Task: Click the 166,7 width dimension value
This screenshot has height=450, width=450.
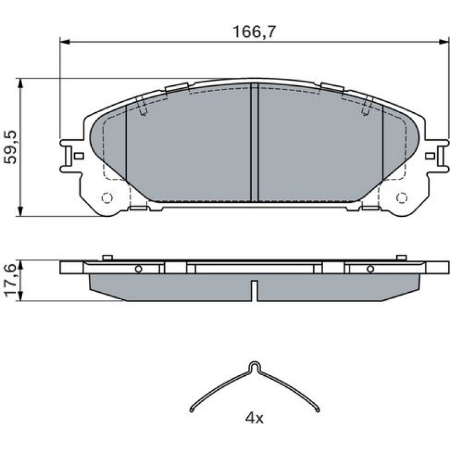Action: pos(254,32)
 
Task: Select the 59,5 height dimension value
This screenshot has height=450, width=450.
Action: pos(11,147)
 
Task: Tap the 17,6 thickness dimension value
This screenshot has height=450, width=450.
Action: pos(11,281)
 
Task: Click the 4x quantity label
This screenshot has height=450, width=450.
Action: pos(254,418)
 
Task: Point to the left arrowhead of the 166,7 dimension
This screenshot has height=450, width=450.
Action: pos(64,42)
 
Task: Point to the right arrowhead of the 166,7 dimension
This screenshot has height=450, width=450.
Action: pos(444,42)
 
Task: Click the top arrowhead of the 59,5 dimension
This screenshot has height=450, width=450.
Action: pos(20,83)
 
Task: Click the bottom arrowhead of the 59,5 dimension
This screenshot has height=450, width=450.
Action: pos(20,211)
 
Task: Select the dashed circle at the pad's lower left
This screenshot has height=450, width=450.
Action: pos(107,198)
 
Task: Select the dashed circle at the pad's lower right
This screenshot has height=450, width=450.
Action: pos(402,198)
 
